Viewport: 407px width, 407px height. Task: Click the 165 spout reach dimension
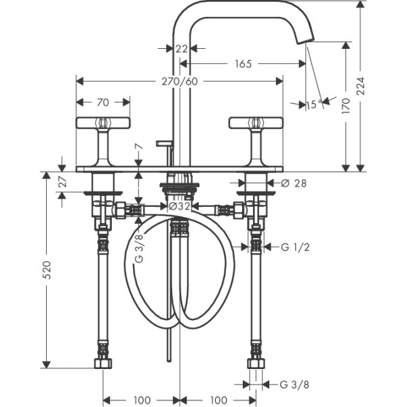[x=244, y=64]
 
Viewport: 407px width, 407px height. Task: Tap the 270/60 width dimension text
[x=180, y=81]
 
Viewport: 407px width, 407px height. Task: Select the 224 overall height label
[x=361, y=86]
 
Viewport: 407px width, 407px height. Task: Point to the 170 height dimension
[x=346, y=105]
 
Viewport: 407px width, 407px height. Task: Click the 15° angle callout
[x=314, y=104]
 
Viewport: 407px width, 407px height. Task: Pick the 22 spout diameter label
[x=181, y=49]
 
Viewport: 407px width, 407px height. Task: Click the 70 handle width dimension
[x=103, y=102]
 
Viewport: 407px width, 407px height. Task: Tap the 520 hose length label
[x=47, y=270]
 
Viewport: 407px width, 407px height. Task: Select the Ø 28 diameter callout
[x=294, y=183]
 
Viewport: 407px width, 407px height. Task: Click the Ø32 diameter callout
[x=180, y=206]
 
